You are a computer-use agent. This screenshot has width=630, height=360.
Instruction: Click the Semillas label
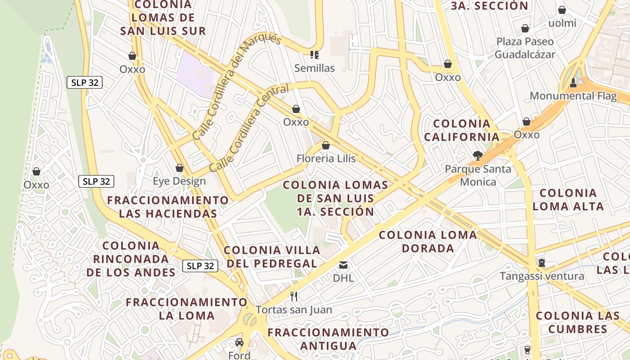click(x=315, y=68)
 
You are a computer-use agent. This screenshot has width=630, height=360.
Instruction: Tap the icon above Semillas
click(x=315, y=55)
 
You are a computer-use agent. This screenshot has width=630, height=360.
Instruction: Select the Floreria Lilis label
click(x=326, y=158)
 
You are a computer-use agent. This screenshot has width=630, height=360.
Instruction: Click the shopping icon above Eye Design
click(x=180, y=168)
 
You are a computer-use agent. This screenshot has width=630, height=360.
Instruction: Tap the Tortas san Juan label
click(x=294, y=310)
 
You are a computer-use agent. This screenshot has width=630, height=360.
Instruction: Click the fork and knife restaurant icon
click(x=294, y=296)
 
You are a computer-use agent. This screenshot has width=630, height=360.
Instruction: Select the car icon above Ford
click(x=239, y=342)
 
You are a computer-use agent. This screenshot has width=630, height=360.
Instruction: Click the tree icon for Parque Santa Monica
click(x=477, y=156)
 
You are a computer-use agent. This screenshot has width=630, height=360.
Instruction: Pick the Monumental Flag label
click(x=573, y=96)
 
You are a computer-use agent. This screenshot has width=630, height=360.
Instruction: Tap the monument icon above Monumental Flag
click(x=573, y=82)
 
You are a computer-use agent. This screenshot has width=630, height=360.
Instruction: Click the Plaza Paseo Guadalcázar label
click(x=525, y=48)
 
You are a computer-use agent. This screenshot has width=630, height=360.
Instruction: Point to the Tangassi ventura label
click(x=542, y=276)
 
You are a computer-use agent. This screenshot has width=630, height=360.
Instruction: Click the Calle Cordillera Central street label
click(x=243, y=134)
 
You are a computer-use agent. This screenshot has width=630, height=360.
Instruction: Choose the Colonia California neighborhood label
click(x=462, y=130)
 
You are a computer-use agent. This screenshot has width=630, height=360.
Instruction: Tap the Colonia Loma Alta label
click(x=568, y=199)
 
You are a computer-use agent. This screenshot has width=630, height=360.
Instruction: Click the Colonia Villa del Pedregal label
click(x=272, y=256)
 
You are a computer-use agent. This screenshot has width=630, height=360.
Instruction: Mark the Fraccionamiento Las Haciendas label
click(x=168, y=207)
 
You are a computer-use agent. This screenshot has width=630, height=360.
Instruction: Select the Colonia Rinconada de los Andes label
click(x=131, y=259)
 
